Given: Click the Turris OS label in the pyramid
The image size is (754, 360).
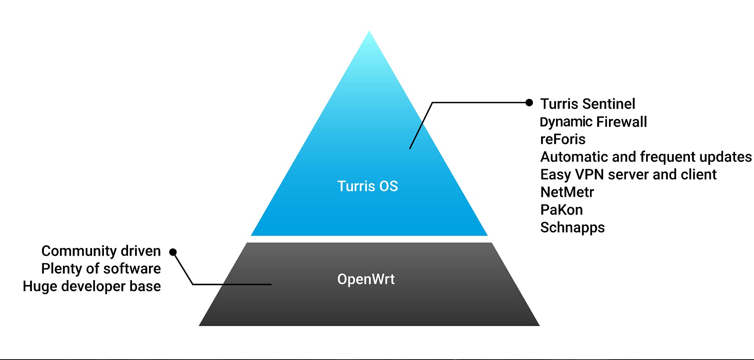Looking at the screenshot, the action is tap(368, 186).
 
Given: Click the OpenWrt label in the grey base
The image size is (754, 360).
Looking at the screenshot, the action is tap(366, 279).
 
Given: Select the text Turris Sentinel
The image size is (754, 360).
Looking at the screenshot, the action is tap(588, 104).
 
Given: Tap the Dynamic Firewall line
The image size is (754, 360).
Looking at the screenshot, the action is tap(594, 122).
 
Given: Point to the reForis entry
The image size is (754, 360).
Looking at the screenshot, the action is tap(563, 139).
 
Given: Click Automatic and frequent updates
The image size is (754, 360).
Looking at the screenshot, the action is tap(646, 157).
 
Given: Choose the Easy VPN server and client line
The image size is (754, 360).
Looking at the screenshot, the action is tap(628, 174).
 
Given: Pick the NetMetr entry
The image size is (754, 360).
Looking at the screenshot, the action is tap(567, 192).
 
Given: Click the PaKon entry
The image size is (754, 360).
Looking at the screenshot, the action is tap(562, 210).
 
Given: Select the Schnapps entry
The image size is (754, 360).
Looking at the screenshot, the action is tap(572, 228).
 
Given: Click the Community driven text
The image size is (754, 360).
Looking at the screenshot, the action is tap(101, 251).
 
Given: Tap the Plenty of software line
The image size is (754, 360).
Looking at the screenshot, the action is tap(101, 269).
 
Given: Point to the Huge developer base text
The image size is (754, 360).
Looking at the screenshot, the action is tap(92, 286).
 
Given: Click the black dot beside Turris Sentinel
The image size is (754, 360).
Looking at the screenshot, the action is tap(529, 103).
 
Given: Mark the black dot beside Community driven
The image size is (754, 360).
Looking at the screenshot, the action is tap(173, 252).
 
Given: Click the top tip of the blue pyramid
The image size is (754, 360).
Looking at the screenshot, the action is tap(369, 31).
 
